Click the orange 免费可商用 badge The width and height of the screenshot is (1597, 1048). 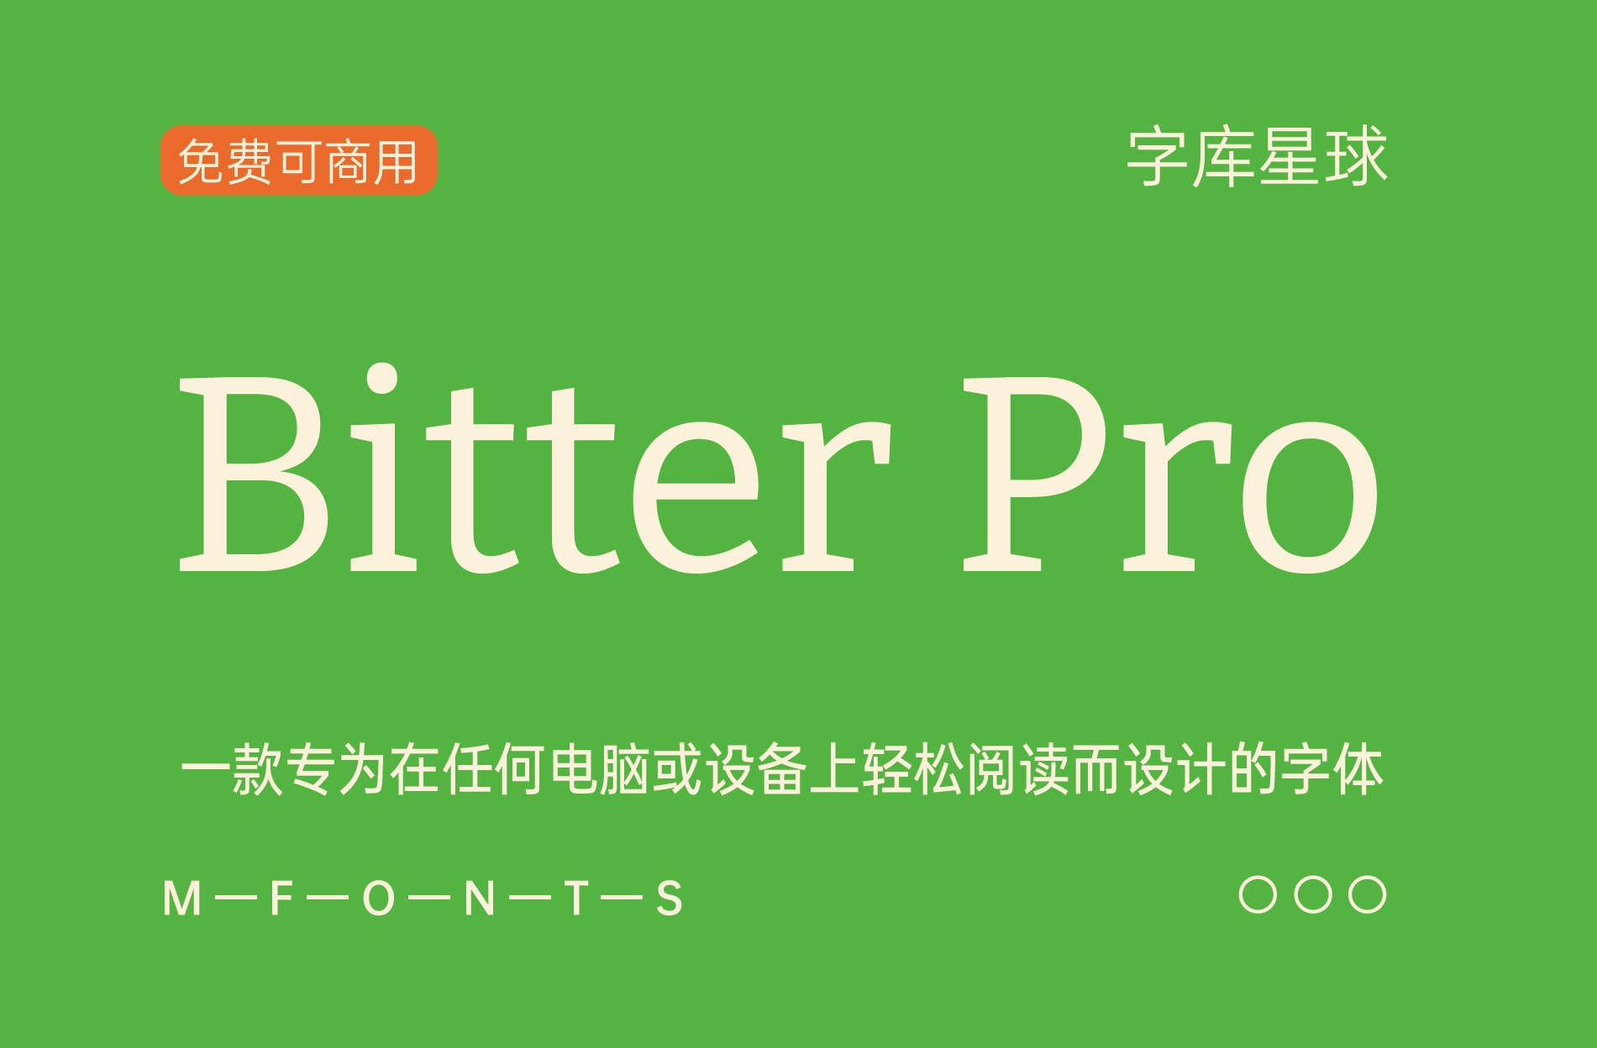(298, 160)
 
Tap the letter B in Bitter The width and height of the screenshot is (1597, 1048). (252, 474)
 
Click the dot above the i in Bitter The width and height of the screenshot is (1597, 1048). (382, 378)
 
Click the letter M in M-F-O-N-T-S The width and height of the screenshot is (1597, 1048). (182, 899)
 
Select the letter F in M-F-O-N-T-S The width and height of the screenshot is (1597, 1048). (281, 899)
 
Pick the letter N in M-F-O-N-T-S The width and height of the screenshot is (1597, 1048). (479, 899)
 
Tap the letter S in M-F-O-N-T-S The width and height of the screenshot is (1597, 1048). (670, 899)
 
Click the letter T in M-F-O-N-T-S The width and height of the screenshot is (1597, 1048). (576, 899)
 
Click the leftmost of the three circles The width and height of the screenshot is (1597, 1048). (1258, 894)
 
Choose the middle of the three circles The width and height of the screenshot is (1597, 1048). (1313, 894)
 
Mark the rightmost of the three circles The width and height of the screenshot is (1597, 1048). (1367, 894)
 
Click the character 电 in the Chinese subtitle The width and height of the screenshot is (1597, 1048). (575, 769)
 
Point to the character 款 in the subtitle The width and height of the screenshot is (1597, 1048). (258, 769)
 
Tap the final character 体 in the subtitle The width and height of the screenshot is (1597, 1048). (1358, 769)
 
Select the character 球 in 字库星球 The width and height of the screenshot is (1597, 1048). (1357, 157)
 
